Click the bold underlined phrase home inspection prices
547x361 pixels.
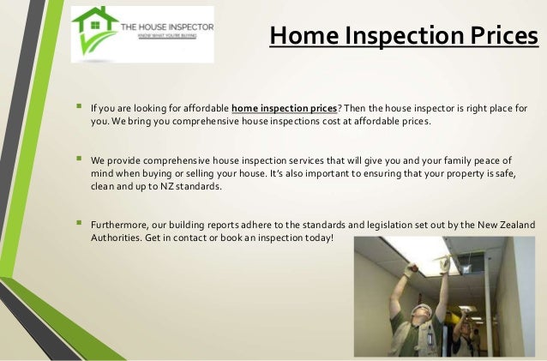(x=284, y=109)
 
